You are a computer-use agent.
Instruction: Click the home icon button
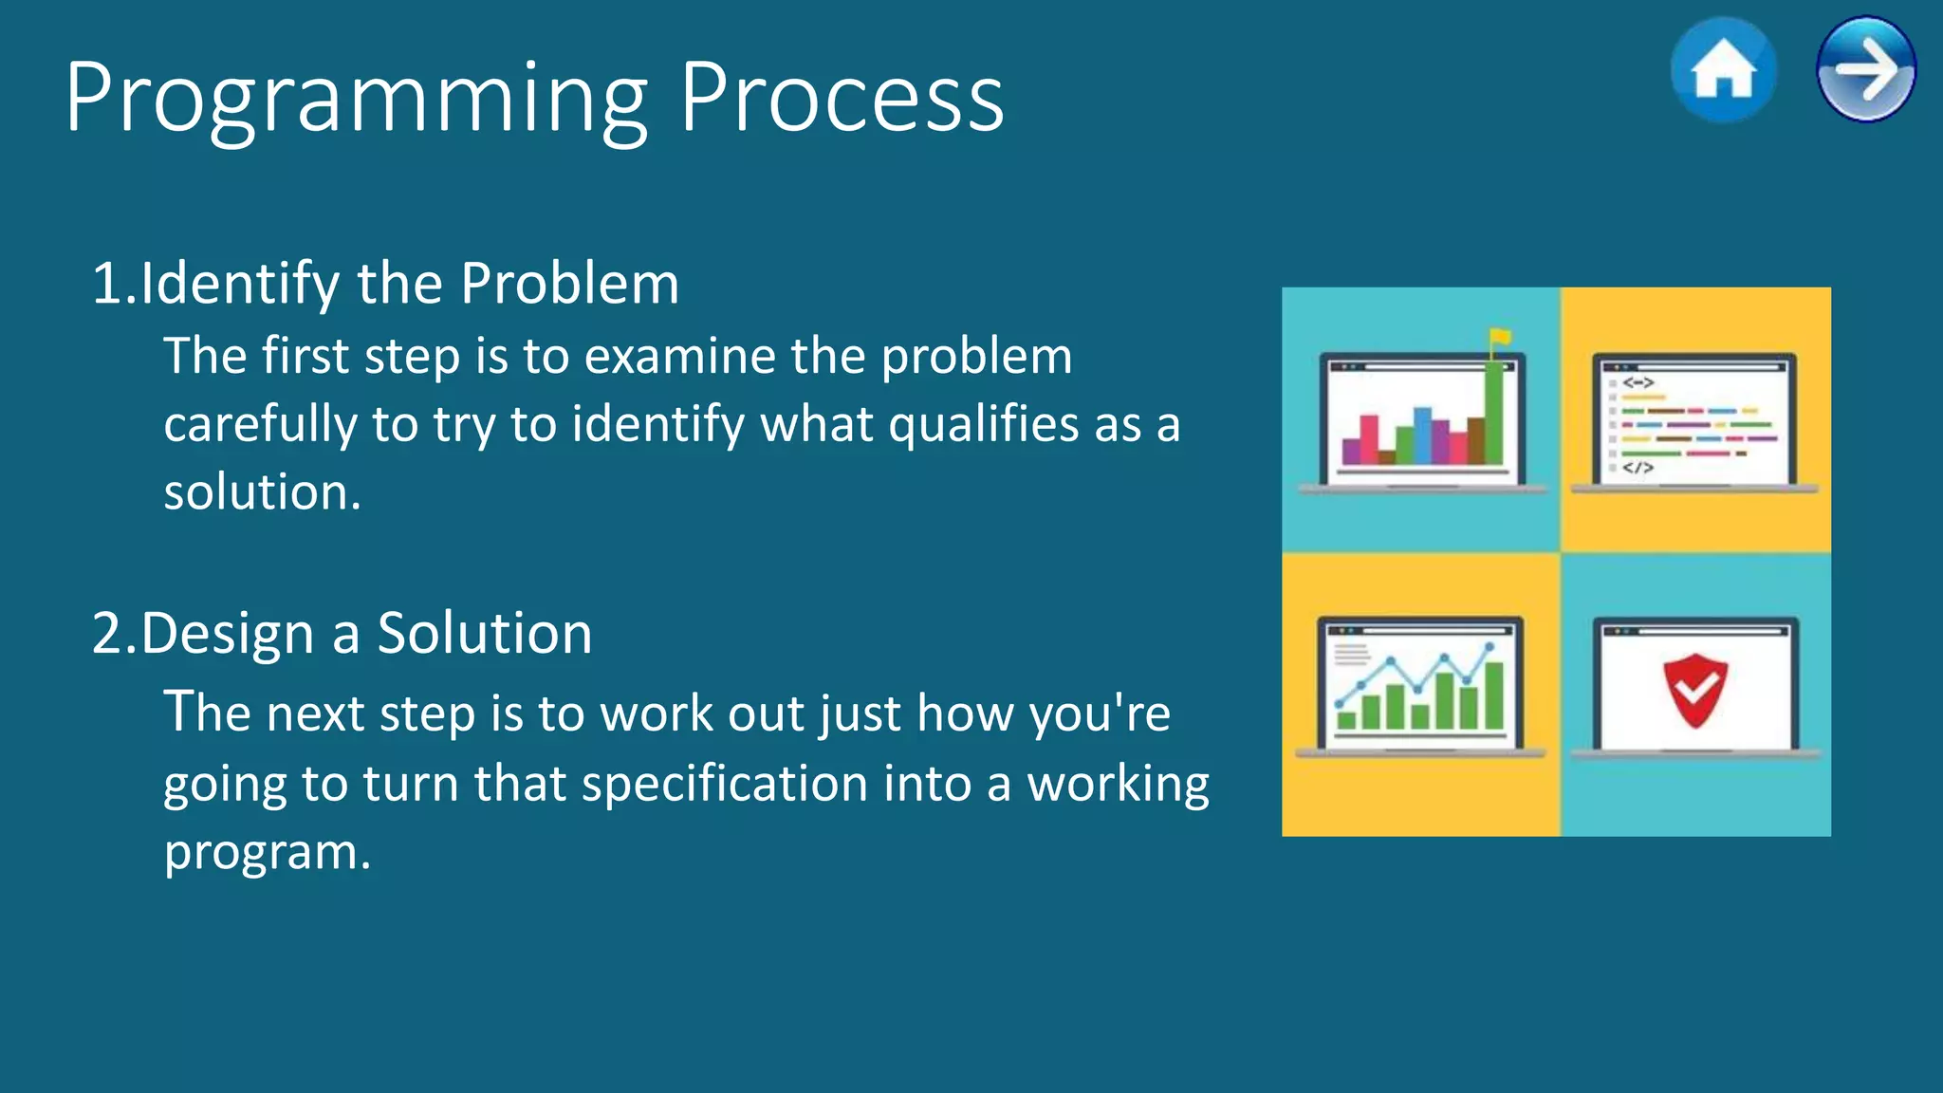pos(1723,70)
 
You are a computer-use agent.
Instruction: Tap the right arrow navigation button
pos(1865,69)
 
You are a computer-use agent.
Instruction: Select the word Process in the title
pos(842,98)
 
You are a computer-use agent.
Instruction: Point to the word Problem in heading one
pos(569,284)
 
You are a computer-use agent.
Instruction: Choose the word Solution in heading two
pos(484,634)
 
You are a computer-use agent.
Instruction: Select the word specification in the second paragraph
pos(724,784)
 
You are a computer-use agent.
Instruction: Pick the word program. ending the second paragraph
pos(267,852)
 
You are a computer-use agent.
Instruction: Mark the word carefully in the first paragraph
pos(259,424)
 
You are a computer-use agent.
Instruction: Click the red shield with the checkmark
pos(1694,690)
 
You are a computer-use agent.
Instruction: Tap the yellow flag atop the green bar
pos(1500,337)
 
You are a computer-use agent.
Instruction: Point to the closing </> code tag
pos(1638,468)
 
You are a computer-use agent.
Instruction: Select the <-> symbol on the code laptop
pos(1638,382)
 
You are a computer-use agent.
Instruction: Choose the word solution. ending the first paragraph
pos(262,492)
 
